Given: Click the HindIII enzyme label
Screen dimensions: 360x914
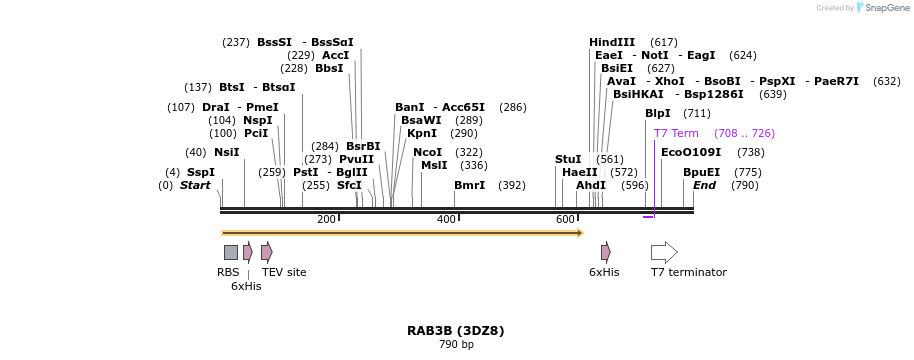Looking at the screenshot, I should pyautogui.click(x=612, y=42).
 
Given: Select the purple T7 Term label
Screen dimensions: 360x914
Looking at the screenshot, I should pyautogui.click(x=676, y=133).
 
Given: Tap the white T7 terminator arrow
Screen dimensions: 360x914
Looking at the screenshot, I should pyautogui.click(x=664, y=252).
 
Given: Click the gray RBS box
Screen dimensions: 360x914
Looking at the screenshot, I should pyautogui.click(x=231, y=252).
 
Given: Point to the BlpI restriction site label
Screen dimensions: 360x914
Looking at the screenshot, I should pyautogui.click(x=658, y=113).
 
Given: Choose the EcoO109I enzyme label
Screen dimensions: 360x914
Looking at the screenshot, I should pyautogui.click(x=691, y=152).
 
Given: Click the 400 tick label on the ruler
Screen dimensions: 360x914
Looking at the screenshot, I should pyautogui.click(x=446, y=220).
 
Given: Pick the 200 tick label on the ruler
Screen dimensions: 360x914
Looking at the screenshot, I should pyautogui.click(x=326, y=220).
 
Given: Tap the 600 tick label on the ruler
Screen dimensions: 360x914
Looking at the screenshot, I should pyautogui.click(x=565, y=220).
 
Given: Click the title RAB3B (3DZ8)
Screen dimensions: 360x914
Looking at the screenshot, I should pyautogui.click(x=455, y=330).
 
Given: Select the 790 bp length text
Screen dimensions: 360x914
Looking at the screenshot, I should pyautogui.click(x=455, y=345).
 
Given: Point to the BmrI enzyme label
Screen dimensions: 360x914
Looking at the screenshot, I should pyautogui.click(x=469, y=185).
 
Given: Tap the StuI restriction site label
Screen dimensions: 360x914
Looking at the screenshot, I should pyautogui.click(x=568, y=159).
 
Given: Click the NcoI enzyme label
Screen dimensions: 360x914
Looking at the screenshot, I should pyautogui.click(x=427, y=152).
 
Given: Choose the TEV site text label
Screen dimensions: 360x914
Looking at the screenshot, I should pyautogui.click(x=284, y=272).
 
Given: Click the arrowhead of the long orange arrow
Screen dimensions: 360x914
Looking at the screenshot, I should pyautogui.click(x=580, y=233).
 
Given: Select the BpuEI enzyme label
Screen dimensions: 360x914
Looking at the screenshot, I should pyautogui.click(x=701, y=172).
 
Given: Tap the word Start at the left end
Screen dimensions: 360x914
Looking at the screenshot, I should pyautogui.click(x=195, y=185).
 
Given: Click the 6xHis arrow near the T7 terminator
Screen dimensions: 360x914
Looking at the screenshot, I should pyautogui.click(x=605, y=252).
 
